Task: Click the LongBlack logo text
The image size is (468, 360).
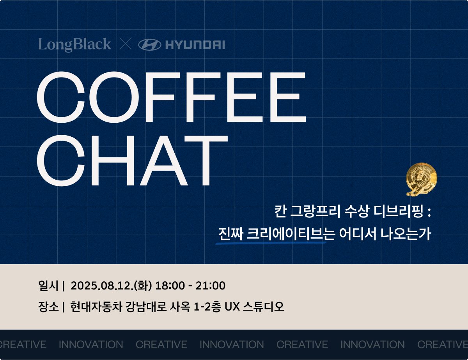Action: point(74,45)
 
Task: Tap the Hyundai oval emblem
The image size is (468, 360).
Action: point(150,45)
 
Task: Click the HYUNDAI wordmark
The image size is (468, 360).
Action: point(195,45)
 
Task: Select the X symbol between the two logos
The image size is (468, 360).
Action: point(125,44)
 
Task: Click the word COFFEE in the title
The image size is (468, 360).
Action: point(172,97)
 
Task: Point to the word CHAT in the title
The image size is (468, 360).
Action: point(132,161)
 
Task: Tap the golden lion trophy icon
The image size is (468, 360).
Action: point(422,179)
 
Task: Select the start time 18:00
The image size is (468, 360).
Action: point(170,286)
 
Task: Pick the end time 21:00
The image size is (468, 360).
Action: point(211,286)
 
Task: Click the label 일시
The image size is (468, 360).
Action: point(48,286)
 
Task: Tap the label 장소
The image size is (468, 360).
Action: point(48,307)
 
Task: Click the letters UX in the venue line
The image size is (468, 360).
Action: point(232,307)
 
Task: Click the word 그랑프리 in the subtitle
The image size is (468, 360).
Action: point(315,212)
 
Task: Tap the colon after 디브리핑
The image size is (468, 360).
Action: point(429,212)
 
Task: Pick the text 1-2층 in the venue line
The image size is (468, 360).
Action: point(207,307)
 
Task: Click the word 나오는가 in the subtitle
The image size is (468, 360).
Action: point(406,234)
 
